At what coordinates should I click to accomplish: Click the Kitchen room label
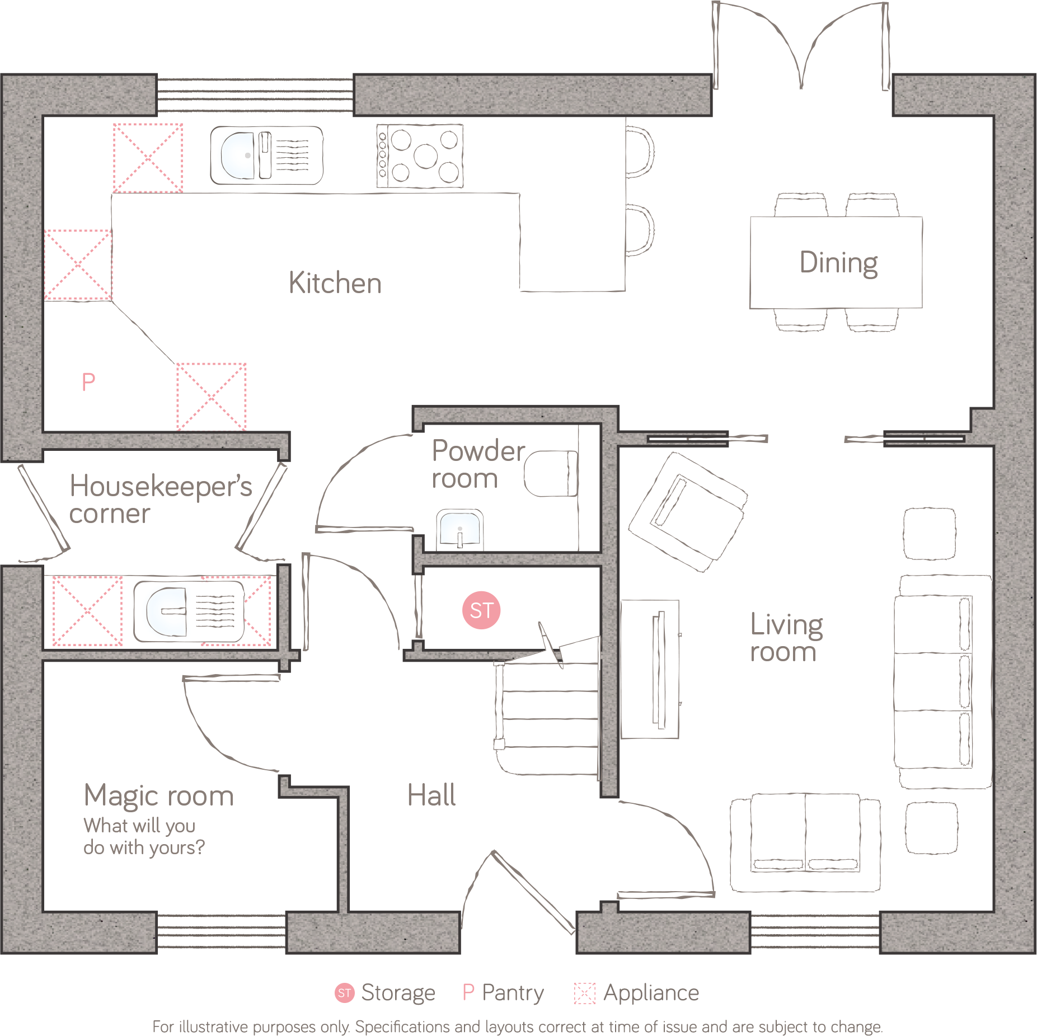point(335,283)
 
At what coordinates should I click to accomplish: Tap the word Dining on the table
point(838,263)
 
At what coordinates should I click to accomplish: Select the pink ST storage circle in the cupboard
point(481,610)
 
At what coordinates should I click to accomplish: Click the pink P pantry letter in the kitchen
point(88,383)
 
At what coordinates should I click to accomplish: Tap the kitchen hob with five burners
point(420,156)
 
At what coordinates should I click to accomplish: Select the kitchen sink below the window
point(266,156)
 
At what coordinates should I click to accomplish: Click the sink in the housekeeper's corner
point(189,611)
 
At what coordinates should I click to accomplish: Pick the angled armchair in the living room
point(688,511)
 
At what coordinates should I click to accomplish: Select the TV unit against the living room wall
point(650,670)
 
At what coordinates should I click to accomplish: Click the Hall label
point(431,795)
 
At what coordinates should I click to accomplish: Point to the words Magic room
point(159,796)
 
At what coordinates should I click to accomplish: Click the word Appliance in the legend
point(651,993)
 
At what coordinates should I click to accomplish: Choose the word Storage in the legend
point(398,993)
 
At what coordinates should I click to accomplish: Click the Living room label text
point(786,638)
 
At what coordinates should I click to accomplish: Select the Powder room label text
point(477,464)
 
